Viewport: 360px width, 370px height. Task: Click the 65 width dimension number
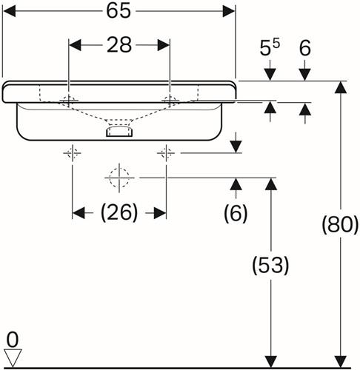(x=119, y=11)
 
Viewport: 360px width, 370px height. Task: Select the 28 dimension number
(x=119, y=45)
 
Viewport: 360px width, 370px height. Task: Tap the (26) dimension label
(x=119, y=212)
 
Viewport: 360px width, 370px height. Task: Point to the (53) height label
(x=270, y=266)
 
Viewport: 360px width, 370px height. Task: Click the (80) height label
(x=340, y=224)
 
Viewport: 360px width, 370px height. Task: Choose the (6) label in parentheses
(x=236, y=213)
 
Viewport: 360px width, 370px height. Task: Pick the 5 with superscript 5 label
(x=270, y=47)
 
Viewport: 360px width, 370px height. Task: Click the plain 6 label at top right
(x=305, y=48)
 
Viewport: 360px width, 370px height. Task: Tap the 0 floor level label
(x=13, y=340)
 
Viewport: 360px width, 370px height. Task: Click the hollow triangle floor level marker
(x=13, y=357)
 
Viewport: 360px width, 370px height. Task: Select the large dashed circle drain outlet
(x=119, y=178)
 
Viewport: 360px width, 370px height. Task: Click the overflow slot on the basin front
(x=119, y=131)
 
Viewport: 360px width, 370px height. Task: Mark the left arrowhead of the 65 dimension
(x=10, y=11)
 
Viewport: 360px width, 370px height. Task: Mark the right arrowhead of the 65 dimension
(x=228, y=11)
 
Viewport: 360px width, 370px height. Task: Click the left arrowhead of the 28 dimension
(x=75, y=45)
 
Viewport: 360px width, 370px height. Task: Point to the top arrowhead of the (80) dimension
(x=341, y=87)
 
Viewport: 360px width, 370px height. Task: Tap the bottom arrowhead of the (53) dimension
(x=271, y=362)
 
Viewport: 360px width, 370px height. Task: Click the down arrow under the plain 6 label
(x=304, y=74)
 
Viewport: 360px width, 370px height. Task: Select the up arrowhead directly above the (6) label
(x=236, y=184)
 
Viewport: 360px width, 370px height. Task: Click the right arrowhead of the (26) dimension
(x=160, y=213)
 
